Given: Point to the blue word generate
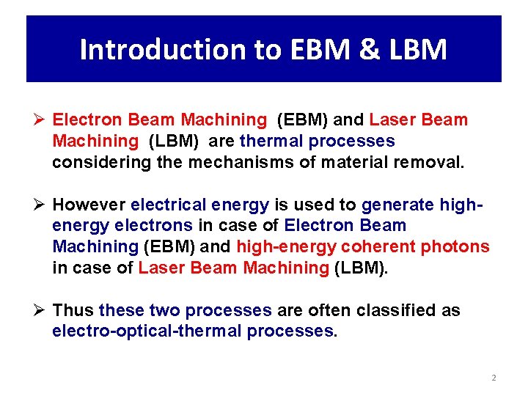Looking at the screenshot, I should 398,205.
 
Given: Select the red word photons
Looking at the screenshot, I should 455,246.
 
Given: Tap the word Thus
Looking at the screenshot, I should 73,310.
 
